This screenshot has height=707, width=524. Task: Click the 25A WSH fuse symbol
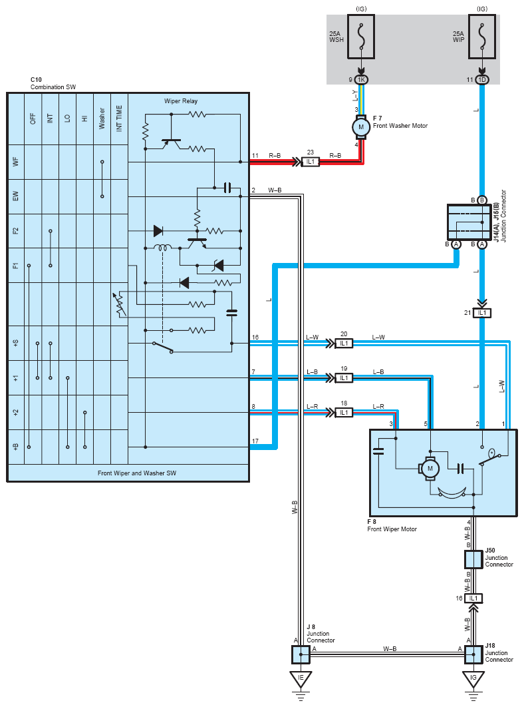pyautogui.click(x=361, y=37)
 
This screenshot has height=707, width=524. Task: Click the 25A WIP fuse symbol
pyautogui.click(x=482, y=37)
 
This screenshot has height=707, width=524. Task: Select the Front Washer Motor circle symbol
pyautogui.click(x=361, y=126)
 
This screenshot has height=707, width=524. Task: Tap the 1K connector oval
pyautogui.click(x=361, y=80)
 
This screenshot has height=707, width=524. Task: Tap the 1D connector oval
pyautogui.click(x=482, y=80)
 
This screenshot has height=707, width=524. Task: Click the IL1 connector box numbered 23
pyautogui.click(x=311, y=161)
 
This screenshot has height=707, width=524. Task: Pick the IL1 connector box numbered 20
pyautogui.click(x=344, y=344)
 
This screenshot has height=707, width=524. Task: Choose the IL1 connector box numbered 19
pyautogui.click(x=344, y=378)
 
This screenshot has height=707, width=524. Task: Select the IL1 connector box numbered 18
pyautogui.click(x=344, y=413)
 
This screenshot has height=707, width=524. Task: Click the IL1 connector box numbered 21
pyautogui.click(x=482, y=313)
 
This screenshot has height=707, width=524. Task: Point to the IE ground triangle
pyautogui.click(x=301, y=679)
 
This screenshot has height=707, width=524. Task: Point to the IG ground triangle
pyautogui.click(x=473, y=679)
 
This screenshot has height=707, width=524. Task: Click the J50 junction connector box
pyautogui.click(x=473, y=560)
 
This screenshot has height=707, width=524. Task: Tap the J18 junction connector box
pyautogui.click(x=473, y=654)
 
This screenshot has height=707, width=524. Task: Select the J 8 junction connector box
pyautogui.click(x=301, y=654)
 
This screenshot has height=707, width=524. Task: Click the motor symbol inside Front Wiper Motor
pyautogui.click(x=429, y=469)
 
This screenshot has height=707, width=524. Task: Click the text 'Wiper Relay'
pyautogui.click(x=181, y=101)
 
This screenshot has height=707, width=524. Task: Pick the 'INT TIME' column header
pyautogui.click(x=119, y=118)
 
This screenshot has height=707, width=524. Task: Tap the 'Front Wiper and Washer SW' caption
pyautogui.click(x=137, y=473)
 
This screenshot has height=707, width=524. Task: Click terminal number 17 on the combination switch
pyautogui.click(x=255, y=441)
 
